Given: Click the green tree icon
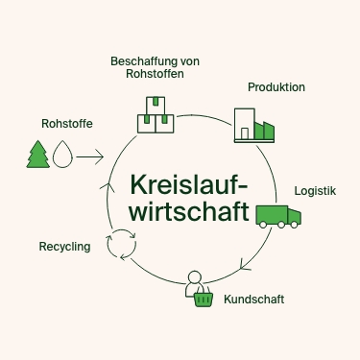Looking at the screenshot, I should tap(38, 154).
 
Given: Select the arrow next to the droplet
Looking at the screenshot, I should tap(89, 155).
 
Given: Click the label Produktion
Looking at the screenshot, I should tap(276, 87).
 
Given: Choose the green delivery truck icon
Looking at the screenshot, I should tap(278, 215).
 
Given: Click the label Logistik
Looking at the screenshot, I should tap(315, 190).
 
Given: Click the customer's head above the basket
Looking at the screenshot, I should tap(196, 278).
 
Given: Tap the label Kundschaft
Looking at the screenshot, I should tap(253, 300).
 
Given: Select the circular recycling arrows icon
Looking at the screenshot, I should tap(122, 245).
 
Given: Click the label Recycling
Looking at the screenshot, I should tap(64, 247).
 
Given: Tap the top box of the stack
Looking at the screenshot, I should tap(155, 104).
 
